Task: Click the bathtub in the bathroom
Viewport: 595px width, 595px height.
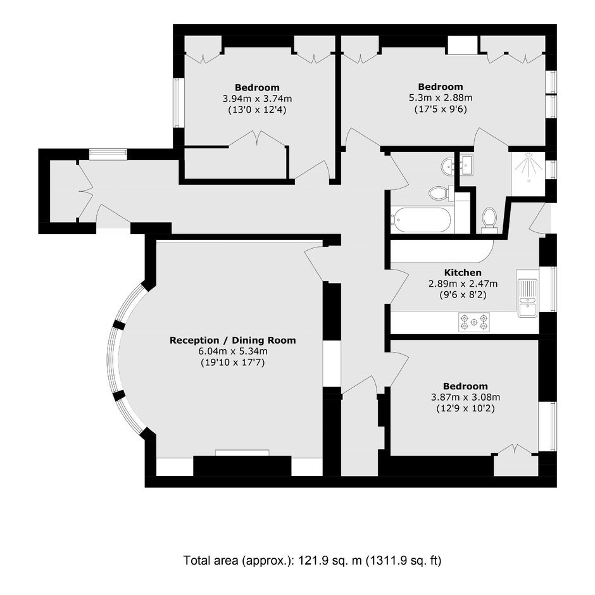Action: pyautogui.click(x=422, y=220)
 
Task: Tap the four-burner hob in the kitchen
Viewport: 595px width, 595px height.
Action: pyautogui.click(x=473, y=322)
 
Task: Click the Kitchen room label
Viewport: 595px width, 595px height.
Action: pyautogui.click(x=463, y=272)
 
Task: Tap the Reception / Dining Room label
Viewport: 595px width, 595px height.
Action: pyautogui.click(x=232, y=341)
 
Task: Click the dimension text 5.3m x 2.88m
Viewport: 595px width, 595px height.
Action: pyautogui.click(x=440, y=98)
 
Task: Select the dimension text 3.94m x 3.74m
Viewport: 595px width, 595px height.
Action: pyautogui.click(x=257, y=99)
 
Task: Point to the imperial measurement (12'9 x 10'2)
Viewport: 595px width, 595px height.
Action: pyautogui.click(x=465, y=409)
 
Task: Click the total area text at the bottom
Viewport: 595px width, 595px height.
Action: pyautogui.click(x=312, y=560)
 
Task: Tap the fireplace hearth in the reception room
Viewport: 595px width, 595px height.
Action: pyautogui.click(x=242, y=453)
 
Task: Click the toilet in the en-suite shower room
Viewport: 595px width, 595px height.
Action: pyautogui.click(x=489, y=220)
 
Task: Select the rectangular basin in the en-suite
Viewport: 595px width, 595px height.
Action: pyautogui.click(x=467, y=165)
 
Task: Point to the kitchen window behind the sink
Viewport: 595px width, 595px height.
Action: pyautogui.click(x=548, y=289)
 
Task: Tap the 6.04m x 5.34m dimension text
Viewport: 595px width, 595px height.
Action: pyautogui.click(x=232, y=351)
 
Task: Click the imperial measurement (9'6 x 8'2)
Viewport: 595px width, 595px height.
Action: pyautogui.click(x=463, y=294)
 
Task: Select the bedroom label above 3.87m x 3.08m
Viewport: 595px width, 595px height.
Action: pyautogui.click(x=465, y=386)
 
